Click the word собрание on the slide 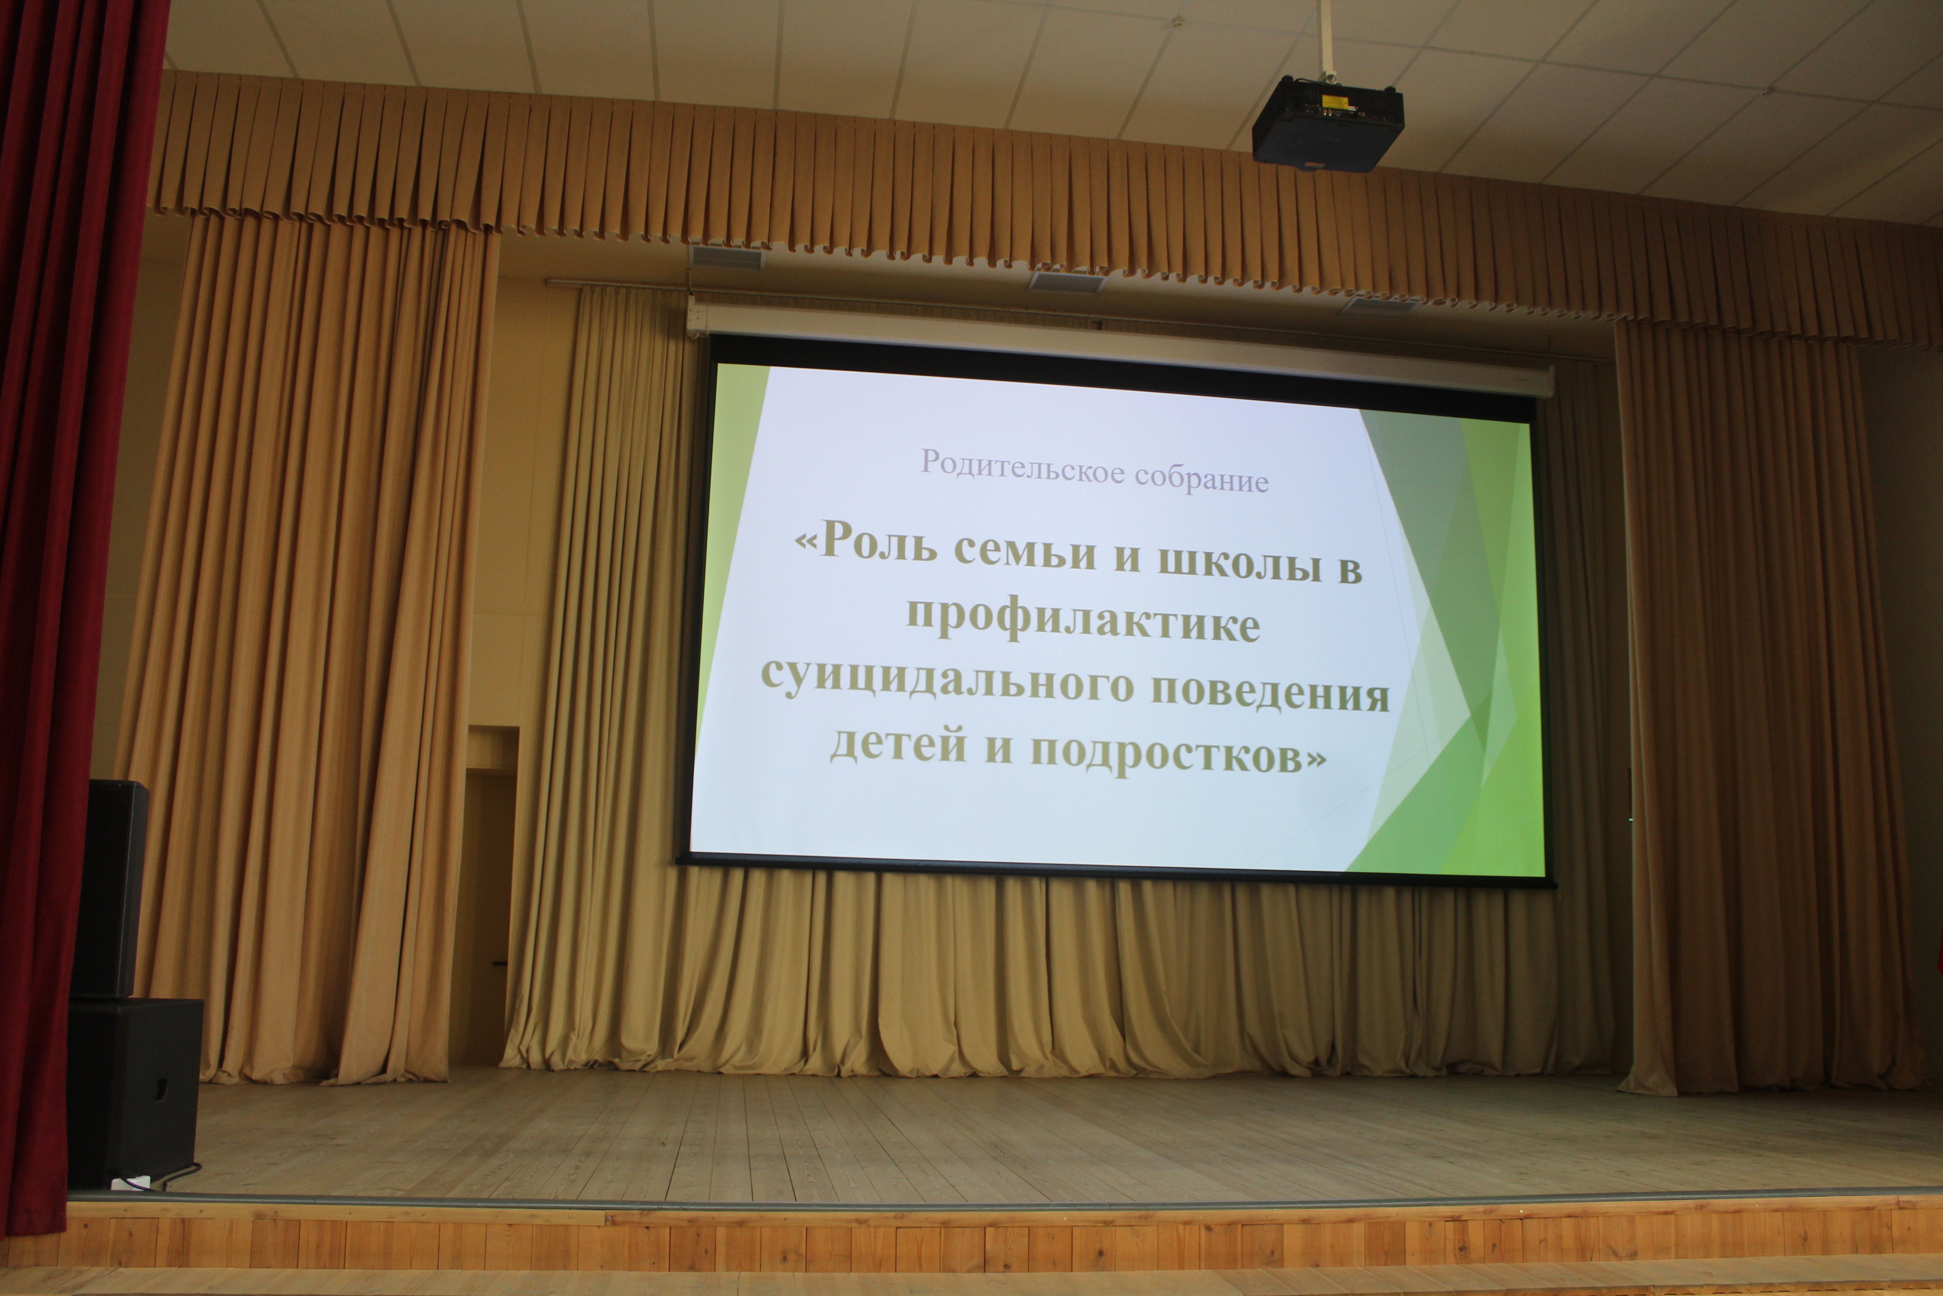[x=1202, y=478]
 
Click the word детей [x=898, y=742]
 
